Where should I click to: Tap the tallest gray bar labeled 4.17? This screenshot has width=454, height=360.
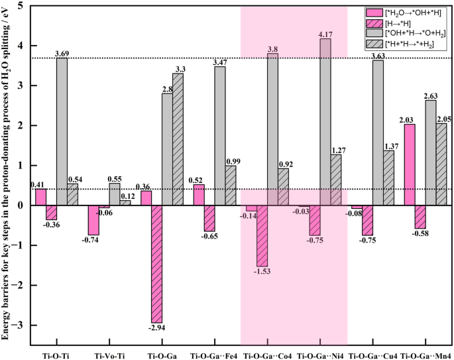pos(325,122)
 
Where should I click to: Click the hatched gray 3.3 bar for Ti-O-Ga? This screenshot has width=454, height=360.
pos(178,139)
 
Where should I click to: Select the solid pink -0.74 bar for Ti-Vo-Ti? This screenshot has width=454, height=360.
pos(93,220)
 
